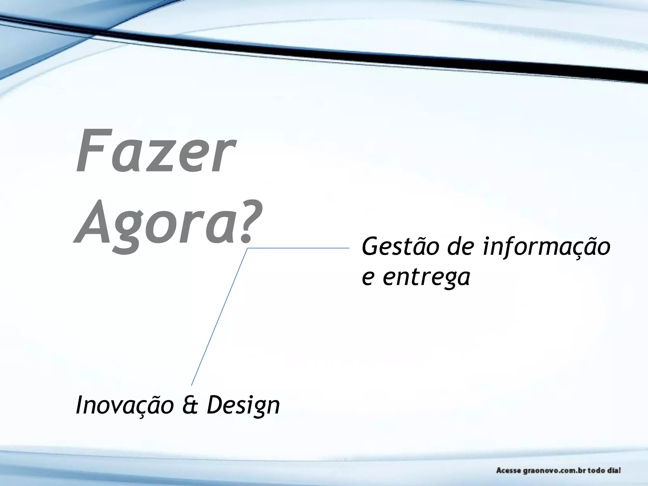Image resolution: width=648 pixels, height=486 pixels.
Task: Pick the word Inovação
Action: (125, 405)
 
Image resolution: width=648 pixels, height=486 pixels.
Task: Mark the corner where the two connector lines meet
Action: (247, 249)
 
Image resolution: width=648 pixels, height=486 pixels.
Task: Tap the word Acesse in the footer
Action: (508, 470)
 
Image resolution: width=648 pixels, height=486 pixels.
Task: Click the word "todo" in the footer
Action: (596, 470)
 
